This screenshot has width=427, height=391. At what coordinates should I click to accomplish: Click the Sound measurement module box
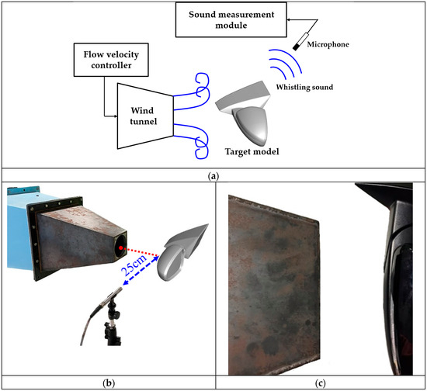click(x=231, y=19)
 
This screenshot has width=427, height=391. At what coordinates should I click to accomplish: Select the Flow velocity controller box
click(x=111, y=60)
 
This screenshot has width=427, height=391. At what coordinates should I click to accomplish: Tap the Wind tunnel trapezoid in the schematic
click(x=145, y=116)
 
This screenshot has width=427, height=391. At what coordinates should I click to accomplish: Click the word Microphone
click(x=328, y=44)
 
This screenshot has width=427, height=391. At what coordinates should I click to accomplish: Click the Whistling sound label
click(x=304, y=87)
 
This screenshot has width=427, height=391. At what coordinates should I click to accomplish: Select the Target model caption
click(x=252, y=151)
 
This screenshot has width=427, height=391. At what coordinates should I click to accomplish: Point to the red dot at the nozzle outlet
click(x=120, y=248)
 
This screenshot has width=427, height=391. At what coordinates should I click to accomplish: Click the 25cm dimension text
click(x=134, y=265)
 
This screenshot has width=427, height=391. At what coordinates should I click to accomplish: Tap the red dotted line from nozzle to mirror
click(x=141, y=251)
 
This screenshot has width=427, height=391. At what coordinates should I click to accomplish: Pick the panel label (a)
click(x=213, y=176)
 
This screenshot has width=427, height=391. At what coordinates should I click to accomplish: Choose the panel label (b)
click(x=109, y=383)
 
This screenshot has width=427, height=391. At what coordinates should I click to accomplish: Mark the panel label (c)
click(x=320, y=383)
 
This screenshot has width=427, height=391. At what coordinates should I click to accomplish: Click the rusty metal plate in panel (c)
click(x=274, y=285)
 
